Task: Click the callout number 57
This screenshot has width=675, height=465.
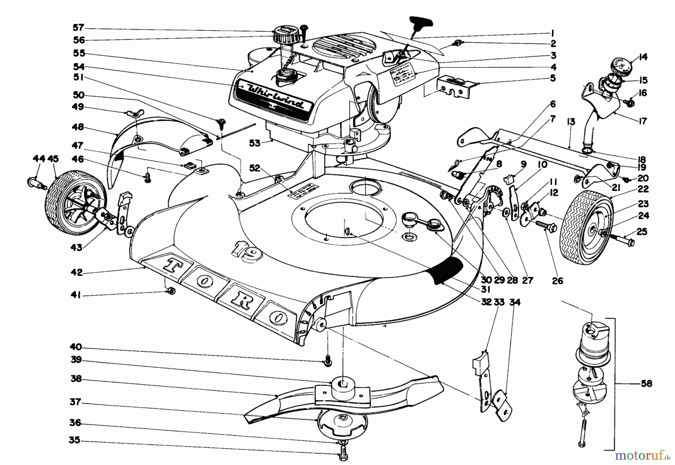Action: [x=79, y=28]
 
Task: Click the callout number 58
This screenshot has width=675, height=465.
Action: [x=646, y=384]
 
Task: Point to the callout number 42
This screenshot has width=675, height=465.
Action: [x=76, y=272]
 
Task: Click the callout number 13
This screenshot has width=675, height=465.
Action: [x=571, y=122]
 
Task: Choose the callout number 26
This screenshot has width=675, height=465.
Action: [x=558, y=280]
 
